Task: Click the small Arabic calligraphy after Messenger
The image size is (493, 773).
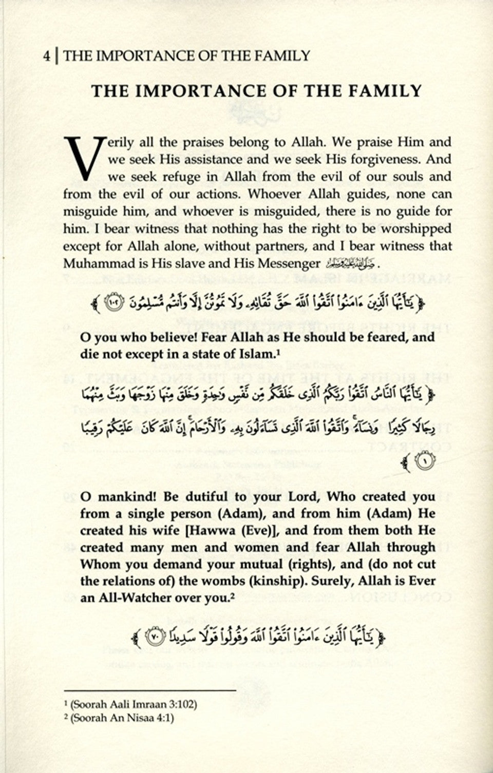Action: pyautogui.click(x=351, y=264)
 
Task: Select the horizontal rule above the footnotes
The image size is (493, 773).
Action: pyautogui.click(x=149, y=691)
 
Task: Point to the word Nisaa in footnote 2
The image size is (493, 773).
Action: pyautogui.click(x=137, y=718)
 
